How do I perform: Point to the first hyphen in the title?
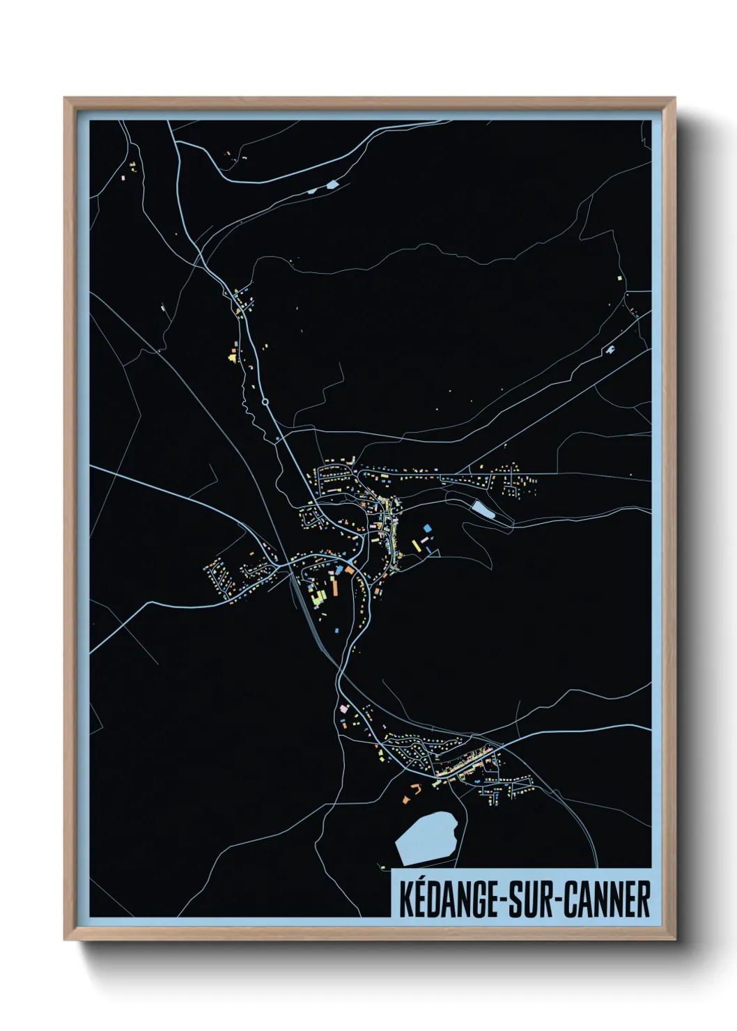point(499,900)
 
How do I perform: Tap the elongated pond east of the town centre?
point(481,509)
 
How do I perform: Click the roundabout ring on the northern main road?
point(265,402)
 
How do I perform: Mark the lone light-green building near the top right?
point(619,277)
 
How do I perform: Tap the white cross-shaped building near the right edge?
point(611,348)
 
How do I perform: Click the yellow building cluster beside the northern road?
point(232,358)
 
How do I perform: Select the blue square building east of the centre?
point(426,529)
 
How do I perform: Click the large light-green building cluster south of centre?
point(318,596)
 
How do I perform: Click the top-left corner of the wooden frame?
point(65,99)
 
